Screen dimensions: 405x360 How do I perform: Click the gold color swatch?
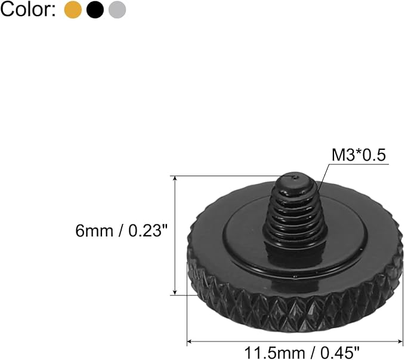pyautogui.click(x=73, y=10)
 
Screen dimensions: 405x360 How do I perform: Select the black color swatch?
pyautogui.click(x=95, y=10)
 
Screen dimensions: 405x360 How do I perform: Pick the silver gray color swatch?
pyautogui.click(x=118, y=10)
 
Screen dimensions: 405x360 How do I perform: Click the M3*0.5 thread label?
pyautogui.click(x=358, y=155)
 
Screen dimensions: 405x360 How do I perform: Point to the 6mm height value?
pyautogui.click(x=94, y=230)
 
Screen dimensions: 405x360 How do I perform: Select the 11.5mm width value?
pyautogui.click(x=274, y=353)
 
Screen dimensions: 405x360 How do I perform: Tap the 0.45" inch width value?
pyautogui.click(x=340, y=353)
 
